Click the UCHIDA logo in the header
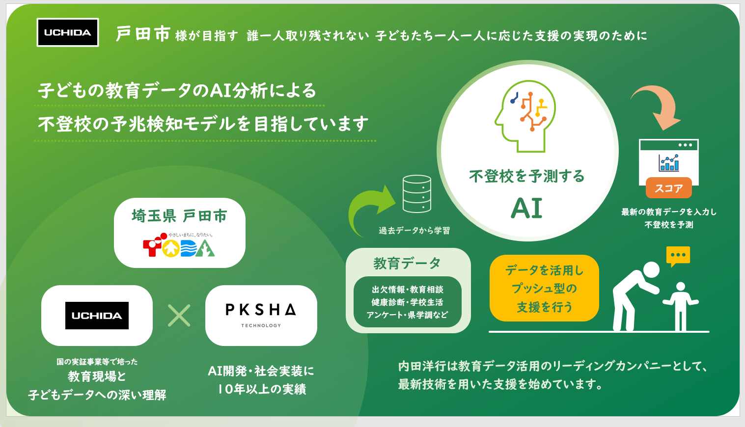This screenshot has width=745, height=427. click(68, 32)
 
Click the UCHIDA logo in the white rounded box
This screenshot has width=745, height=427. click(97, 316)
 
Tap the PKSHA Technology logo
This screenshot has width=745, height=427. click(261, 315)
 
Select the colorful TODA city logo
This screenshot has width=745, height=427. click(179, 245)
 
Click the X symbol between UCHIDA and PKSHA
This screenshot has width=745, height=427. click(179, 316)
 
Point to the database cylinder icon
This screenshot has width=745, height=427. click(417, 194)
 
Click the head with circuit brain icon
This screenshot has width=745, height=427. click(525, 116)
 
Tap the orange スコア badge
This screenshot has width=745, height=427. click(668, 188)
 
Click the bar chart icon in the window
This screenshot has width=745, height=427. click(669, 163)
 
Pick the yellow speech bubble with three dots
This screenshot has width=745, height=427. click(678, 256)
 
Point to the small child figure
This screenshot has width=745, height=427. click(681, 306)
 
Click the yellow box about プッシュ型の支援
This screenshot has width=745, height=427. click(544, 288)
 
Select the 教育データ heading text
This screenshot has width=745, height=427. click(407, 263)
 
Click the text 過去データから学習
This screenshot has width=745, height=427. click(414, 230)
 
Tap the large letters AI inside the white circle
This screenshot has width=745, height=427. click(527, 209)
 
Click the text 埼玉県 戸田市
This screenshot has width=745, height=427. click(179, 215)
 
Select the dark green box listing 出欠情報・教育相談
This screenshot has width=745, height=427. click(408, 302)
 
